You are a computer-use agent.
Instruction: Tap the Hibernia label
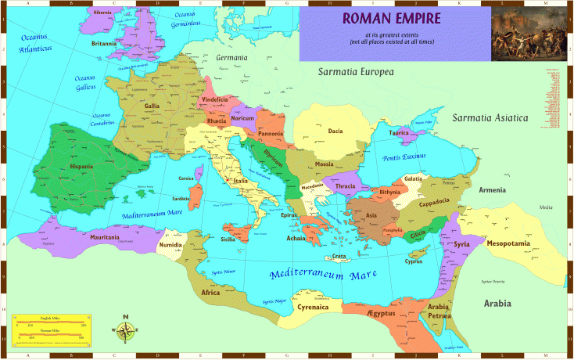pyautogui.click(x=102, y=13)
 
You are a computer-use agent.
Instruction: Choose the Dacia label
pyautogui.click(x=335, y=131)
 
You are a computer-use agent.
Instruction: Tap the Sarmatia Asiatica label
pyautogui.click(x=490, y=118)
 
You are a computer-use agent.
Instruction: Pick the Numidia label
pyautogui.click(x=171, y=246)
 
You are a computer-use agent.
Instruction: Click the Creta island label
pyautogui.click(x=339, y=257)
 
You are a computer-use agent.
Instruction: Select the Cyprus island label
pyautogui.click(x=413, y=262)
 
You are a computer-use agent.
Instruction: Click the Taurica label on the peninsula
pyautogui.click(x=400, y=133)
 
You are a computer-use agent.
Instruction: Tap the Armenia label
pyautogui.click(x=492, y=190)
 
